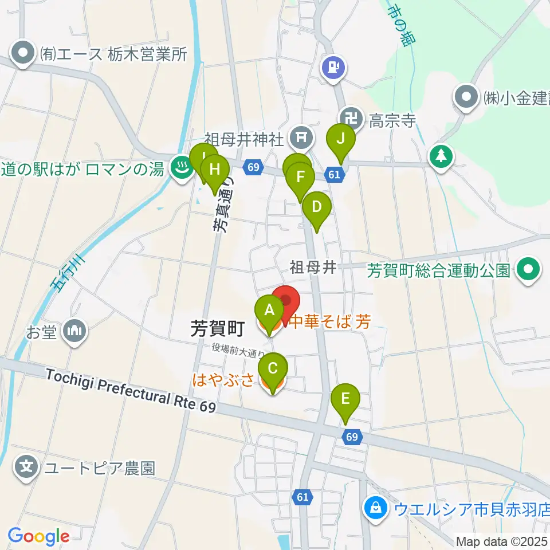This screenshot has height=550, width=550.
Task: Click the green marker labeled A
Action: (269, 312)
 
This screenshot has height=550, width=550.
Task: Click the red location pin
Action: (285, 302)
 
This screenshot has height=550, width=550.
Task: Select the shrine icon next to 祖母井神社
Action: (300, 137)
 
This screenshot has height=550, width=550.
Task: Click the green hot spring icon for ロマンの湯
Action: (182, 168)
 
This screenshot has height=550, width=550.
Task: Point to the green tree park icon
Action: (442, 155)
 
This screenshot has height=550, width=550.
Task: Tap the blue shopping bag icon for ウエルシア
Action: (375, 508)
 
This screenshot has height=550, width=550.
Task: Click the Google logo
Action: (38, 536)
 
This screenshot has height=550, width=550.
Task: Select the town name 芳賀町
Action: (218, 328)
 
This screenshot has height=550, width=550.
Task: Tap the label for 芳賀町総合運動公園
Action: (438, 270)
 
